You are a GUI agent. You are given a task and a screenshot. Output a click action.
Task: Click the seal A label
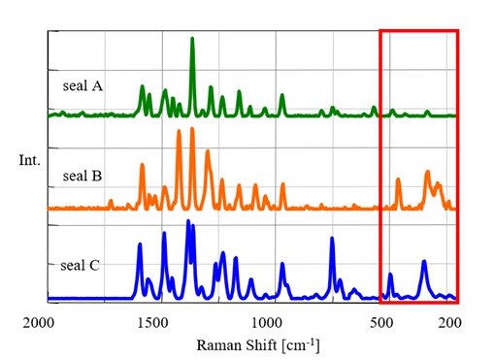(82, 85)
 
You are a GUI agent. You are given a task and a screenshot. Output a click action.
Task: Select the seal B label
(82, 176)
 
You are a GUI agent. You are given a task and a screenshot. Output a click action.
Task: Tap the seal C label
(82, 263)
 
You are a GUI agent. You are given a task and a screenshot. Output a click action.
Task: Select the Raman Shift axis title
(257, 345)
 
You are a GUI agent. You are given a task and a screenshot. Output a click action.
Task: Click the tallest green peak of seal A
(192, 39)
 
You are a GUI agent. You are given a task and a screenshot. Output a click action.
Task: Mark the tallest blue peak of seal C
(188, 222)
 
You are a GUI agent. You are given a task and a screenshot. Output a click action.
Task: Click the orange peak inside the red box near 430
(398, 180)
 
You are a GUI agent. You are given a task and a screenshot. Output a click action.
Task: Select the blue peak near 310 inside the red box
(424, 262)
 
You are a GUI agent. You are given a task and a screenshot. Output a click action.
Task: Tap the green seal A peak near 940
(282, 95)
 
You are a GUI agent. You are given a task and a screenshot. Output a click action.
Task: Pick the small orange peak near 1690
(111, 201)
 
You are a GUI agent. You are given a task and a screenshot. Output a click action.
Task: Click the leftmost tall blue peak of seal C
(140, 245)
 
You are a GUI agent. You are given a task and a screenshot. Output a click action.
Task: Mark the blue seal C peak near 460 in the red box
(390, 275)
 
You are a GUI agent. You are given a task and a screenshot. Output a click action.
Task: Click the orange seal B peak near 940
(282, 184)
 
